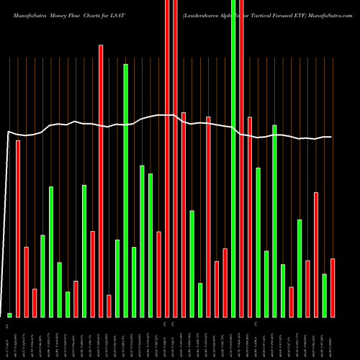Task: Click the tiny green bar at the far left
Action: [x=10, y=315]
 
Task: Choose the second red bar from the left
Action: [x=27, y=282]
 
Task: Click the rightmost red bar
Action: [x=333, y=287]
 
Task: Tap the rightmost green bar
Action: [x=324, y=295]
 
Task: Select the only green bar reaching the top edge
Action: [x=233, y=158]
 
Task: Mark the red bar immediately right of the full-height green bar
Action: [x=241, y=158]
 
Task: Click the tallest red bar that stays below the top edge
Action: [x=101, y=180]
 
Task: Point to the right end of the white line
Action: [x=331, y=137]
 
